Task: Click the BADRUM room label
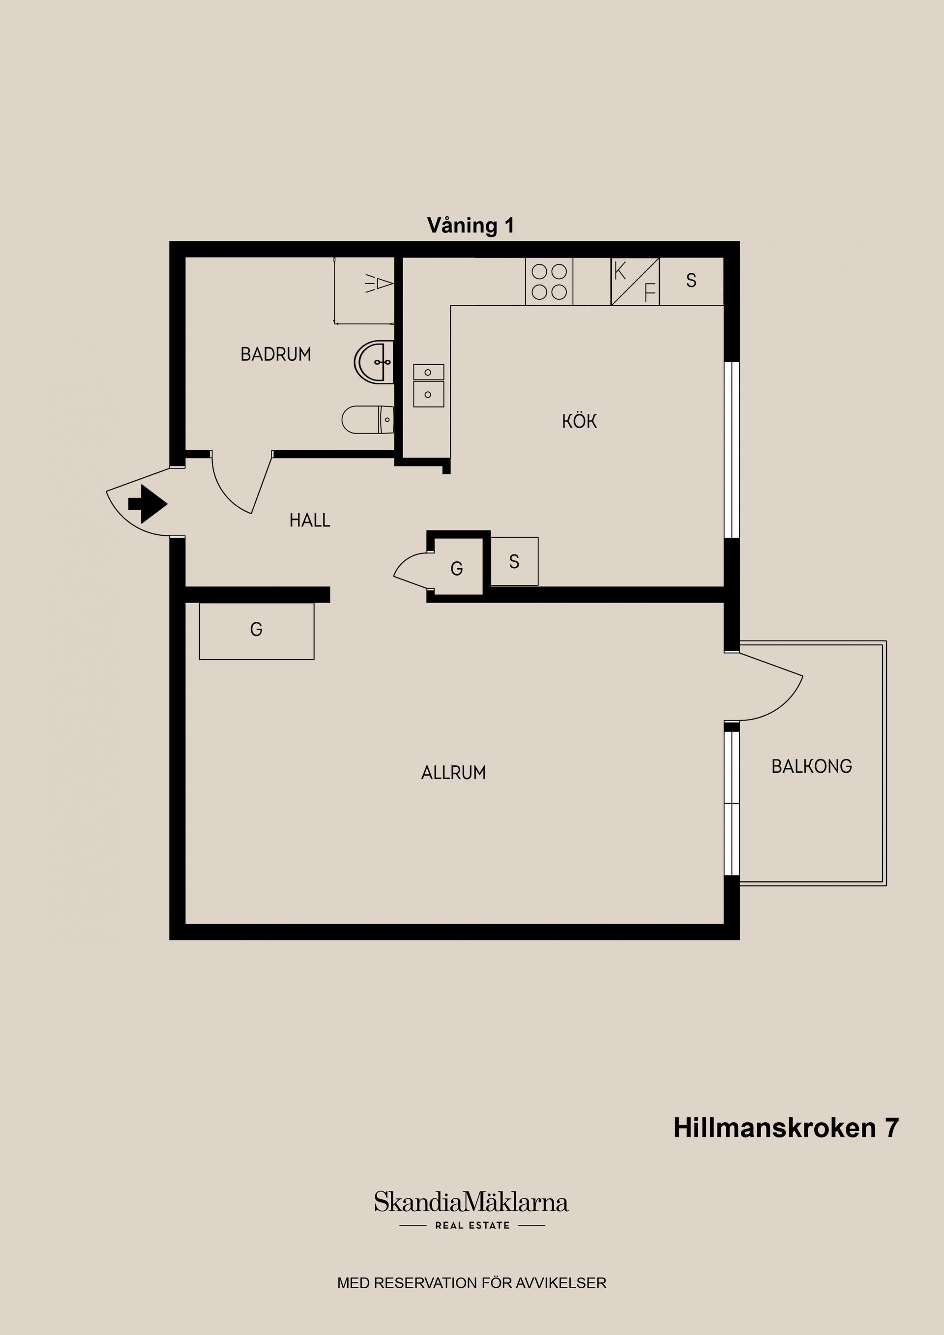[276, 354]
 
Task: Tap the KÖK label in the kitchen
[579, 421]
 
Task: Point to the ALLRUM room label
[453, 773]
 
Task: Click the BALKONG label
[811, 766]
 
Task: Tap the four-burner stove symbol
[549, 282]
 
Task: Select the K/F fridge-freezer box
[635, 282]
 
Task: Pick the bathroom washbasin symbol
[375, 362]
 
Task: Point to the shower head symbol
[380, 284]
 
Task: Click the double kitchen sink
[429, 385]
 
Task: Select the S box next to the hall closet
[514, 561]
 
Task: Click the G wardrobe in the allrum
[257, 630]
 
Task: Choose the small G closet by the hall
[457, 568]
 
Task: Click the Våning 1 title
[471, 226]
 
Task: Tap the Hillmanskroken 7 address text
[786, 1128]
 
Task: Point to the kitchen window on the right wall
[732, 449]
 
